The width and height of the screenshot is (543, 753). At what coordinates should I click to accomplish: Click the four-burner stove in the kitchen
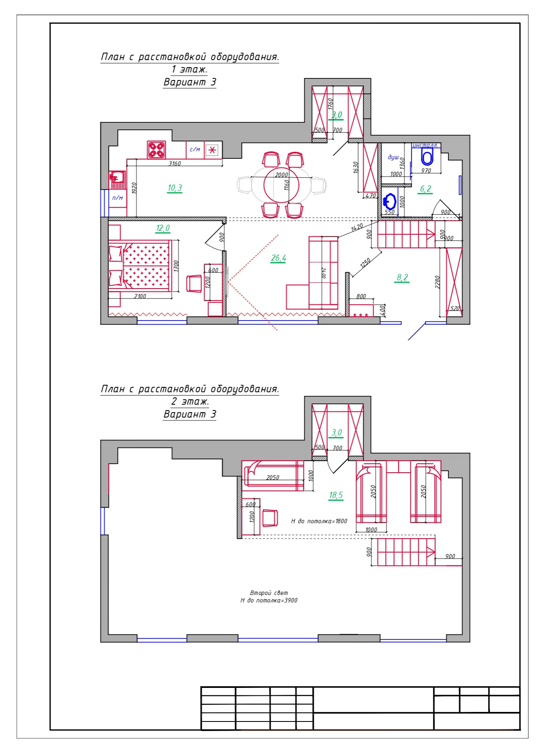pyautogui.click(x=157, y=150)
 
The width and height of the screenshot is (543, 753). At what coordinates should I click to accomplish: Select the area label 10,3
pyautogui.click(x=175, y=188)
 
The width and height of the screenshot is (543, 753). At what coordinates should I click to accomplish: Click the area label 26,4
pyautogui.click(x=279, y=258)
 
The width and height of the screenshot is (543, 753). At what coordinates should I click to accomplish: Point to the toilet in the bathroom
pyautogui.click(x=427, y=158)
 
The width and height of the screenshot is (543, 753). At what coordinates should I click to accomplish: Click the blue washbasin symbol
pyautogui.click(x=389, y=202)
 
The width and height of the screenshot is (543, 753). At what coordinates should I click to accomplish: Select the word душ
pyautogui.click(x=393, y=158)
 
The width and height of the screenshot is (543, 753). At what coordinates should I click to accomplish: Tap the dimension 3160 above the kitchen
pyautogui.click(x=175, y=163)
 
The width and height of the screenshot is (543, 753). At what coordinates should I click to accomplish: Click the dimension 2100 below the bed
pyautogui.click(x=140, y=296)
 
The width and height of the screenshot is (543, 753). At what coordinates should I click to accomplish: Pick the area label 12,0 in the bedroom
pyautogui.click(x=163, y=228)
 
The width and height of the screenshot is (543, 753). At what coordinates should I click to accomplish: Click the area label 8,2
pyautogui.click(x=402, y=277)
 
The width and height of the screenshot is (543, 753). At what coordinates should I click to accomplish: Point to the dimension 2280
pyautogui.click(x=437, y=282)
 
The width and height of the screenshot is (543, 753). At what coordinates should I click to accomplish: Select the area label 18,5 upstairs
pyautogui.click(x=336, y=495)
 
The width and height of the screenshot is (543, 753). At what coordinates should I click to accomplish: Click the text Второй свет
pyautogui.click(x=269, y=593)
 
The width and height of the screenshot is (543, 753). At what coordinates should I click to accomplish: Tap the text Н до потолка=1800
pyautogui.click(x=319, y=521)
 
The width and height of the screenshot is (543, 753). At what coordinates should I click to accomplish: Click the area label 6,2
pyautogui.click(x=426, y=189)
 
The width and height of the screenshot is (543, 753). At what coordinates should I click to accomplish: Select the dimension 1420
pyautogui.click(x=357, y=227)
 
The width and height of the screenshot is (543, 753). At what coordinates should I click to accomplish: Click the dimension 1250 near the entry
pyautogui.click(x=365, y=263)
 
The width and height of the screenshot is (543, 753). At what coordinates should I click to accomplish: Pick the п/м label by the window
pyautogui.click(x=118, y=198)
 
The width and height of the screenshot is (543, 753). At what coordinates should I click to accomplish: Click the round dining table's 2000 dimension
pyautogui.click(x=281, y=175)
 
